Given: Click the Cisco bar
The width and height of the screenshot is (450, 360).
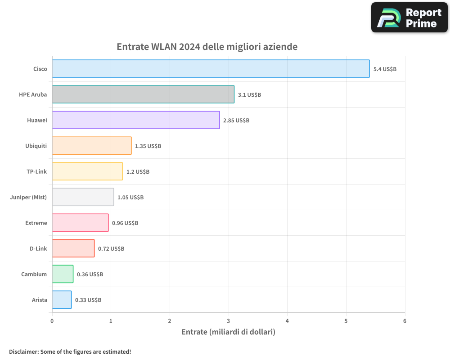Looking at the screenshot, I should pos(211,69).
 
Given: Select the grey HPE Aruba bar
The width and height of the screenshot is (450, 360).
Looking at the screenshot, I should pos(143,94).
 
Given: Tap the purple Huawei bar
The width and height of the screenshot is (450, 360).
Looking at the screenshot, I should pos(136,120).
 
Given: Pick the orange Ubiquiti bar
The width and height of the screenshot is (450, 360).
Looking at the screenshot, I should pos(92,146).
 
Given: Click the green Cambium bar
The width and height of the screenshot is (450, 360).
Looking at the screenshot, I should pos(63,274).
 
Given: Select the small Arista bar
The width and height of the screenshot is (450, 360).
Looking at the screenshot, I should pos(62,300).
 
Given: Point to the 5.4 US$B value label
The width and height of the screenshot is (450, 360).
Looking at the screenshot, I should pos(385,69).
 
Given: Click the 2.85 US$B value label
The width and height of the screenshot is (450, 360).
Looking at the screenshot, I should pos(236,120).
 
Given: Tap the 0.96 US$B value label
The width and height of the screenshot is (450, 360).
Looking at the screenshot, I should pos(125,223).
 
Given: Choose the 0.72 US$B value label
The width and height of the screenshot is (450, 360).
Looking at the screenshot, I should pos(111,248).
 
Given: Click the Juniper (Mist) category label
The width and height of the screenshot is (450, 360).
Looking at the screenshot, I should pos(28,197).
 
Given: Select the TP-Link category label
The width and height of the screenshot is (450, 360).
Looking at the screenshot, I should pos(37,171).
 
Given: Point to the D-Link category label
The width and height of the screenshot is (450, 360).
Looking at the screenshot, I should pos(38,248).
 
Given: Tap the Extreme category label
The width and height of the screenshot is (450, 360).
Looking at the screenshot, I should pos(36,223).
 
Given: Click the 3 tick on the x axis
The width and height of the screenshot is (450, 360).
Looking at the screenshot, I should pos(229,321).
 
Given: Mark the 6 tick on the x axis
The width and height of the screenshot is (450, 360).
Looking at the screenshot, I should pos(405,321).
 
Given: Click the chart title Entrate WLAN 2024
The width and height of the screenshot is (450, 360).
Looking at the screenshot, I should pos(207,47).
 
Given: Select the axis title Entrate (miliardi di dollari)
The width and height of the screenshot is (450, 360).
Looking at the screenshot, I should pos(228,332).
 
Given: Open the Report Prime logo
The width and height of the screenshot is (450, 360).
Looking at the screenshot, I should pos(409,18).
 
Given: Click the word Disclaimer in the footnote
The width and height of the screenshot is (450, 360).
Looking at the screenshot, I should pos(23,352).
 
